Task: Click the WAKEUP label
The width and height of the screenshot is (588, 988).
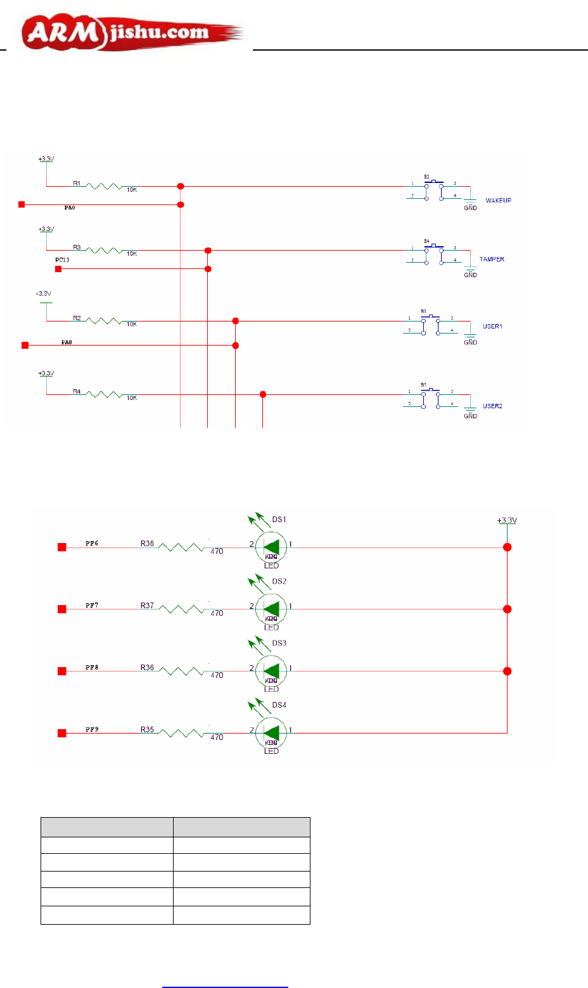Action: [498, 201]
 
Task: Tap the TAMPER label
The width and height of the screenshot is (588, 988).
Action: [492, 260]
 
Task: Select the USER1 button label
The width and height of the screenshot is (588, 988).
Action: [492, 327]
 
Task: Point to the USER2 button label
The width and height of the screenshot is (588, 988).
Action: [492, 406]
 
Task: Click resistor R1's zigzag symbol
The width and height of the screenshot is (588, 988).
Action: [104, 186]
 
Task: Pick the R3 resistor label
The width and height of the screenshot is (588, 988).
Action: [77, 247]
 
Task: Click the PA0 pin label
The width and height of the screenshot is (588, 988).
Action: [70, 208]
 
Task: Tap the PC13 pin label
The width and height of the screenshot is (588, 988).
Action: [62, 260]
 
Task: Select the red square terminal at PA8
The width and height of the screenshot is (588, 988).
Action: [25, 346]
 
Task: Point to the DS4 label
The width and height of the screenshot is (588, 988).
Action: [279, 705]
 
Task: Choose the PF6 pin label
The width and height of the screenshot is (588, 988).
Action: [92, 544]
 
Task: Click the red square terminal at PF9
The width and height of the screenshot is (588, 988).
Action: [62, 734]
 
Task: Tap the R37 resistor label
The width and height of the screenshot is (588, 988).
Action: [147, 606]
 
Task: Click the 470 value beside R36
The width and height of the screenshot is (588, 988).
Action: [217, 675]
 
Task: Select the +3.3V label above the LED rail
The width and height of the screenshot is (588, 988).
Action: [507, 521]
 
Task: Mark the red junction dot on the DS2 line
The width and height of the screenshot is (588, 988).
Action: [508, 610]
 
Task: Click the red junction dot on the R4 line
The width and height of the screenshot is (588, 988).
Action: [263, 395]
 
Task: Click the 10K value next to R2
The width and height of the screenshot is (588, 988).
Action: [132, 324]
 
